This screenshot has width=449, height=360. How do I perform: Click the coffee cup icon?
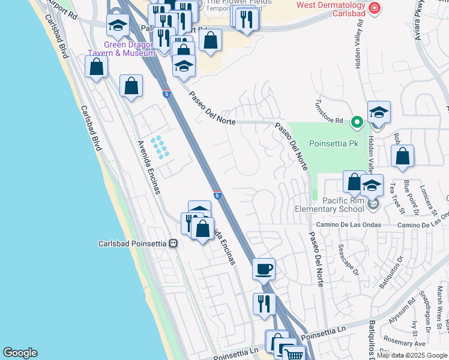click(x=264, y=269)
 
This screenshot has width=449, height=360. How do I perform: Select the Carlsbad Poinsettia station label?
click(x=132, y=244)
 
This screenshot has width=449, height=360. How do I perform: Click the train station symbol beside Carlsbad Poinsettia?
click(x=173, y=244)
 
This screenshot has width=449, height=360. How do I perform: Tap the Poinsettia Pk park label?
click(x=333, y=143)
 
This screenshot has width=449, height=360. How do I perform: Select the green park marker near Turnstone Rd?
click(x=357, y=122)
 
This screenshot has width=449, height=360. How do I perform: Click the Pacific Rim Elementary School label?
click(x=329, y=204)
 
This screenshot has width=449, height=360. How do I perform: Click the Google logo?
click(x=20, y=353)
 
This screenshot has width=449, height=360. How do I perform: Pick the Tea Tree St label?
click(x=398, y=198)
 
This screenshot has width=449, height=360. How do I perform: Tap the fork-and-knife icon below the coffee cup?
click(x=264, y=304)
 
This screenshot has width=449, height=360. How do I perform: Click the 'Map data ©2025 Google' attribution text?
click(x=412, y=355)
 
